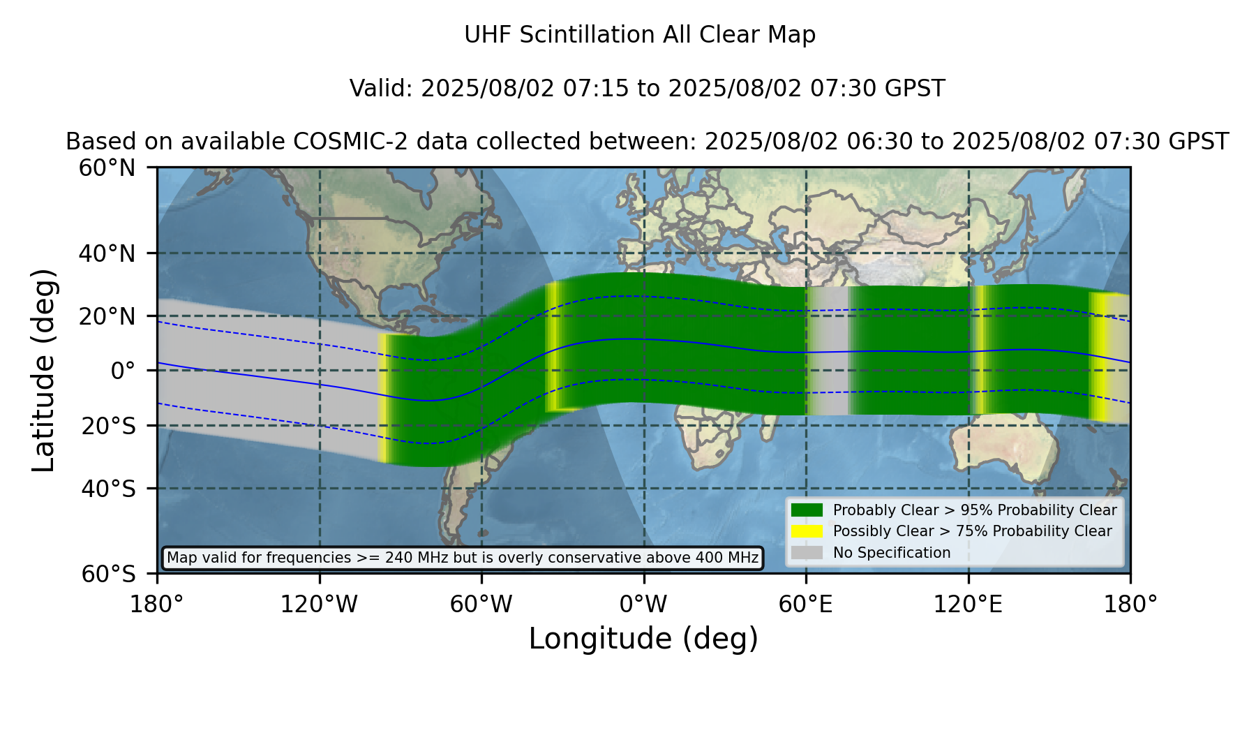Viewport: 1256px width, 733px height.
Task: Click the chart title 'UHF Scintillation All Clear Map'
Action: pyautogui.click(x=640, y=35)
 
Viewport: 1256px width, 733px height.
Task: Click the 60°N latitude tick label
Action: pyautogui.click(x=107, y=168)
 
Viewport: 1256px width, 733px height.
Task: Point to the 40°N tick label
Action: pyautogui.click(x=107, y=253)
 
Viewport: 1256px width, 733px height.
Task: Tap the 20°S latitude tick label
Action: pyautogui.click(x=108, y=426)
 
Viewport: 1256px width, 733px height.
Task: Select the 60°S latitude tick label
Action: pyautogui.click(x=108, y=575)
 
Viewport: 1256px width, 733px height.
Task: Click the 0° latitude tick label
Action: pyautogui.click(x=123, y=371)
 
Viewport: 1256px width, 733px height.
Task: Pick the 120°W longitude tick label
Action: pyautogui.click(x=319, y=604)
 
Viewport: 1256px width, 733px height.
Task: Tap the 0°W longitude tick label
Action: pyautogui.click(x=643, y=604)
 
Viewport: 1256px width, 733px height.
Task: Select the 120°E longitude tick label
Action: pyautogui.click(x=968, y=604)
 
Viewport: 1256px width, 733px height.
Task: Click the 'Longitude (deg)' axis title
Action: pyautogui.click(x=643, y=639)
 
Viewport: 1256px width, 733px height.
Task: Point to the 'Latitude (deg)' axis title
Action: pyautogui.click(x=43, y=371)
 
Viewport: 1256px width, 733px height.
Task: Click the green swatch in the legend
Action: pyautogui.click(x=807, y=510)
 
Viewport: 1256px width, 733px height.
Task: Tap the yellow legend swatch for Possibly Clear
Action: pyautogui.click(x=807, y=531)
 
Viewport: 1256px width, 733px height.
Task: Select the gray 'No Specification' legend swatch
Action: pyautogui.click(x=807, y=553)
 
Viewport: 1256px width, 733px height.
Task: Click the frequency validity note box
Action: pyautogui.click(x=463, y=558)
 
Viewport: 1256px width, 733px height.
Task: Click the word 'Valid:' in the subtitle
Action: pyautogui.click(x=382, y=89)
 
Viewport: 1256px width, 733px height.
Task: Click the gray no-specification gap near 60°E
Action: pyautogui.click(x=828, y=351)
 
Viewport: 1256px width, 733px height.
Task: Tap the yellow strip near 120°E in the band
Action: pyautogui.click(x=980, y=350)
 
